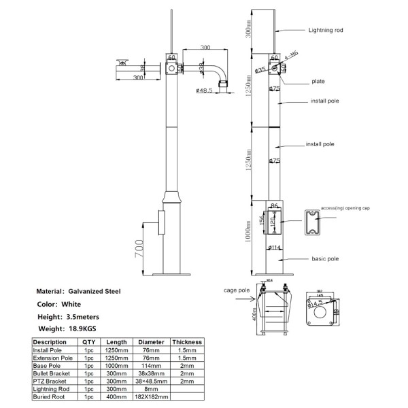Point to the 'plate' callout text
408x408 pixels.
pos(319,82)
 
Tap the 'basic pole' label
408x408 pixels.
pos(326,259)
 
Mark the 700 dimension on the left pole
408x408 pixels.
pos(137,250)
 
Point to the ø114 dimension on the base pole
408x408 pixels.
pos(275,247)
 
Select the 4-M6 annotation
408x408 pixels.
pos(291,54)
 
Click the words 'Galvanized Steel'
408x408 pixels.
pos(94,290)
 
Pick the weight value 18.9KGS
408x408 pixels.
pos(82,328)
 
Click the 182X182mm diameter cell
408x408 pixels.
pos(151,396)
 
